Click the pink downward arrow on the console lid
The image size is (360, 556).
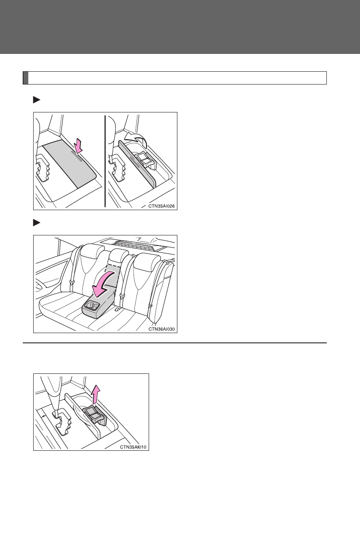click(79, 146)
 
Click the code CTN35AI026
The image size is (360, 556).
click(162, 206)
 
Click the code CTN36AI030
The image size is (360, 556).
click(162, 329)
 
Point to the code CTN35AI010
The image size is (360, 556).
click(133, 447)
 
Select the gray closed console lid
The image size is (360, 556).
click(70, 163)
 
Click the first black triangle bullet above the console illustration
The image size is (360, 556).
click(37, 100)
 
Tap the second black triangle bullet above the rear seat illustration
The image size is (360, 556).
click(37, 223)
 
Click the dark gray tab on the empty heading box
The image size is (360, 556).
click(26, 78)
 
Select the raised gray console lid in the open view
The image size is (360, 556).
click(137, 164)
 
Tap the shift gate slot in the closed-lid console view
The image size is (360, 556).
click(44, 167)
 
